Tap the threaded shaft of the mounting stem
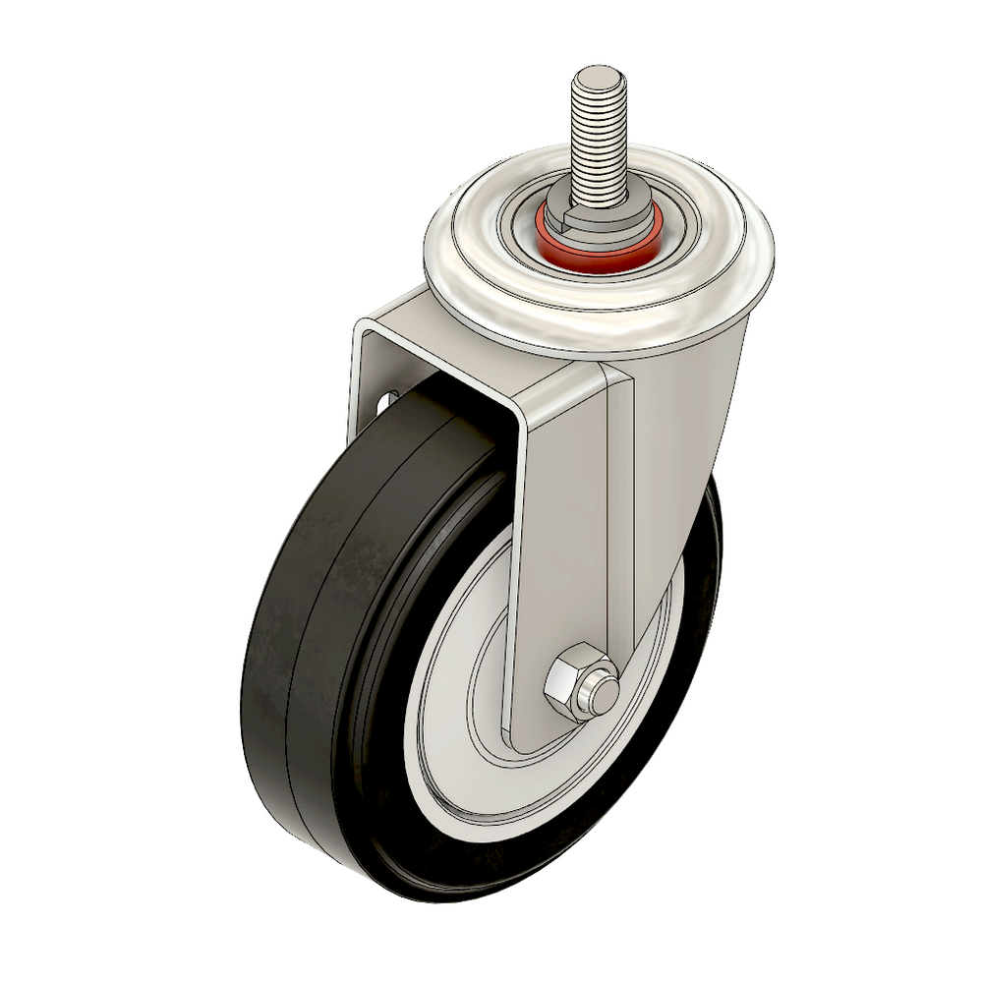pos(597,138)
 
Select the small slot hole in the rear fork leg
pos(384,403)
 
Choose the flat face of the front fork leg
pos(560,531)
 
